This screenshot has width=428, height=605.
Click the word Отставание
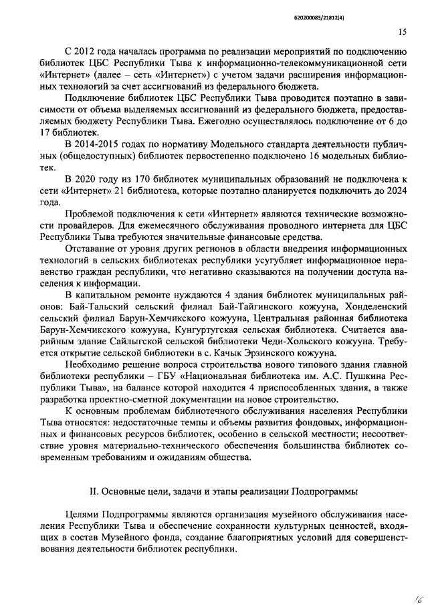pyautogui.click(x=95, y=247)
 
